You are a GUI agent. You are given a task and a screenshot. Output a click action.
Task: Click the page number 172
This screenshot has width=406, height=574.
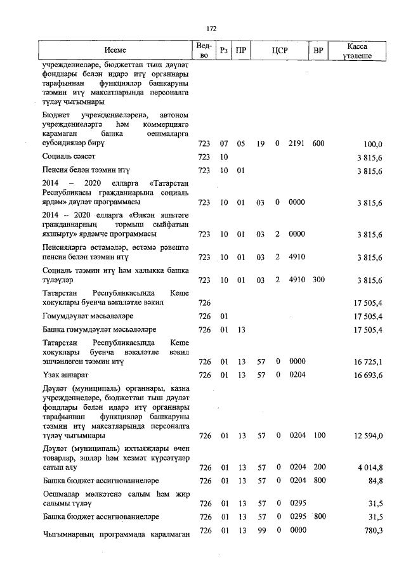[x=211, y=29]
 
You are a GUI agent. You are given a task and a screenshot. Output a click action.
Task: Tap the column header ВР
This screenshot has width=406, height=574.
[x=318, y=50]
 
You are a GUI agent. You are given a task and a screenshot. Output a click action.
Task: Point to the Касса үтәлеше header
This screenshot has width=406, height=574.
[x=358, y=51]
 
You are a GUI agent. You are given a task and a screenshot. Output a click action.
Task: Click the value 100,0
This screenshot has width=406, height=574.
[x=372, y=144]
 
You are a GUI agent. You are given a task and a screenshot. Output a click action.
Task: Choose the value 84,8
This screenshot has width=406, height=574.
[x=374, y=481]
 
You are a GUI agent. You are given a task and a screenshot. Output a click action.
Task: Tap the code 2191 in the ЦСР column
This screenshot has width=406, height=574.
[x=297, y=144]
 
